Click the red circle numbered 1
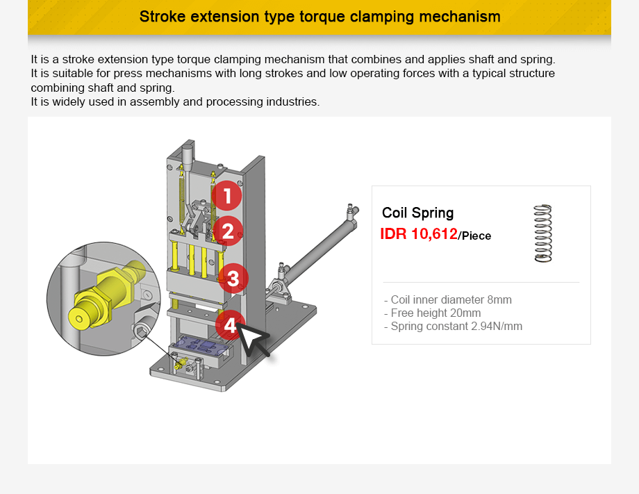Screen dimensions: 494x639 click(x=226, y=196)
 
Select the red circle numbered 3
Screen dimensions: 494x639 click(x=233, y=279)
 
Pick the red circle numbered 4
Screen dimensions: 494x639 click(x=230, y=324)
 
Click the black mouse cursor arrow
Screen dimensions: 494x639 click(x=254, y=340)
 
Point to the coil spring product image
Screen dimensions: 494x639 click(x=542, y=233)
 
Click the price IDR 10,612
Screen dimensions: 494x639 click(x=418, y=234)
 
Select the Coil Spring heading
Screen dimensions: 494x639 click(x=417, y=213)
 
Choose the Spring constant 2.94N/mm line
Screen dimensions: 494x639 click(x=456, y=327)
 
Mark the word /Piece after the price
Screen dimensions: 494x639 click(x=475, y=236)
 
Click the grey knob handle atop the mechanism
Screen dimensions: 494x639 click(x=187, y=156)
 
